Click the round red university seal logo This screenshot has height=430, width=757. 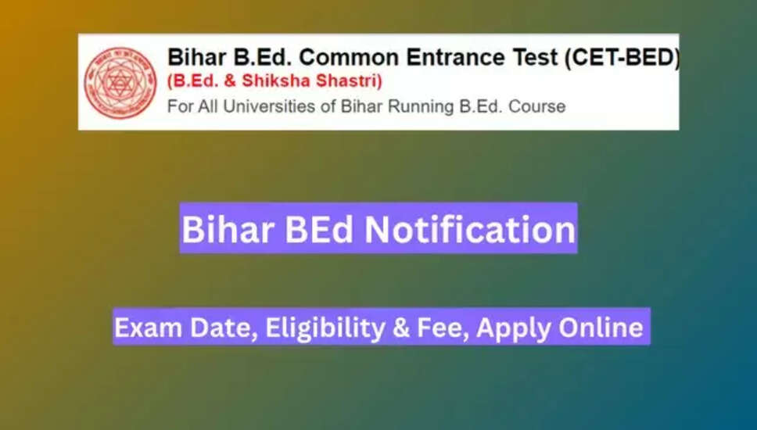point(120,83)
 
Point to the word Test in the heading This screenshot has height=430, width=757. point(534,57)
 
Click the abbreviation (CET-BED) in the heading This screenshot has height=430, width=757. point(622,58)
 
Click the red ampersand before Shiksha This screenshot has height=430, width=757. point(230,81)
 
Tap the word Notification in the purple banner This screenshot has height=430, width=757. point(470,229)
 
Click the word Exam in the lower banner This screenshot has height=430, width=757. point(148,328)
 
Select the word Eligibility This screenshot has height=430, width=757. point(325,328)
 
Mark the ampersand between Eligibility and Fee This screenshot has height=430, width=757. point(401,328)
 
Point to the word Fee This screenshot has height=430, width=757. point(442,328)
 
